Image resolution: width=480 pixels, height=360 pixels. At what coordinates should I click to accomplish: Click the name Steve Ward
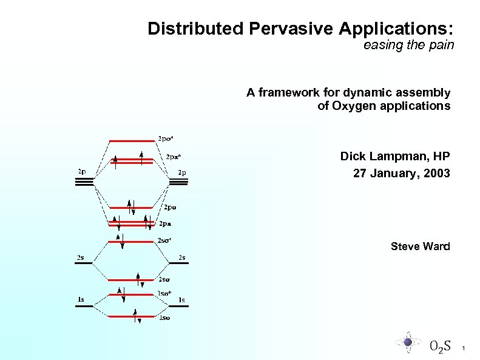(420, 246)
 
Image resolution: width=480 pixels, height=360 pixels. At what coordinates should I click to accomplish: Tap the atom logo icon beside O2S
(408, 342)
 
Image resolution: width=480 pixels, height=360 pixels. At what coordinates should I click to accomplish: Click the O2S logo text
(439, 347)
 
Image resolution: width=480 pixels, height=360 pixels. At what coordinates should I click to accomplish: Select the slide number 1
(463, 348)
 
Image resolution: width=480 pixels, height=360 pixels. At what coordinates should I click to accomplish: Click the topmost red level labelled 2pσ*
(132, 140)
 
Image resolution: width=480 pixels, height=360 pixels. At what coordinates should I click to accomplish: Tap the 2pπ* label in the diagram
(174, 156)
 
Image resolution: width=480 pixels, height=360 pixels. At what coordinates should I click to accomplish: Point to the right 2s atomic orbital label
(181, 257)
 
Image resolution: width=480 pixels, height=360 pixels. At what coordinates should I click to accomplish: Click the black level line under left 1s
(84, 307)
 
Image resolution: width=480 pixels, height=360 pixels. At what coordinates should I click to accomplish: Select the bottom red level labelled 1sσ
(132, 316)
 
